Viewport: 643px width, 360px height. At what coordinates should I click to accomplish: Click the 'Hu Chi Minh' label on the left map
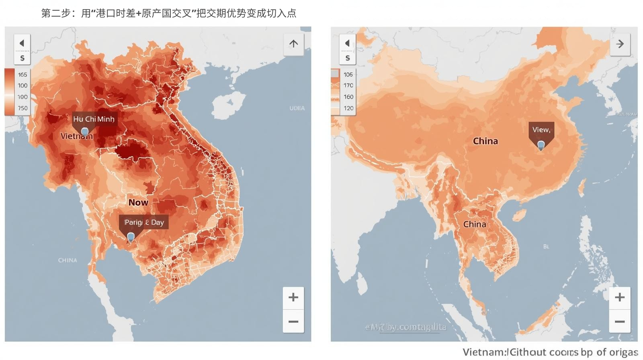click(x=94, y=119)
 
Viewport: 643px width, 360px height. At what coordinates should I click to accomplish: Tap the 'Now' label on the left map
click(x=138, y=202)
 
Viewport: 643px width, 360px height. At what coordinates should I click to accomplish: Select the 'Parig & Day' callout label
click(x=144, y=222)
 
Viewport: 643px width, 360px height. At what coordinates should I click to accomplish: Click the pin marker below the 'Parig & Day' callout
click(x=131, y=237)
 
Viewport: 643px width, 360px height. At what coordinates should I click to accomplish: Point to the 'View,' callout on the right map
click(x=541, y=130)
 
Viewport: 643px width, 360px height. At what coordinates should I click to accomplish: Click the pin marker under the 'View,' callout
click(x=541, y=145)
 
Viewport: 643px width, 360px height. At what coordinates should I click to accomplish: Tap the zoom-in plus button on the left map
click(x=293, y=297)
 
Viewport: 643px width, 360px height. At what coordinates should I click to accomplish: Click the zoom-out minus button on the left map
click(x=293, y=321)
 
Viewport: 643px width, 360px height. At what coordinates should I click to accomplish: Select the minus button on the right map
click(x=619, y=321)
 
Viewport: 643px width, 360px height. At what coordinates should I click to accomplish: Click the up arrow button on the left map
click(x=293, y=44)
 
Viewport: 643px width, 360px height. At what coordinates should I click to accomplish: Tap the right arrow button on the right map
click(x=620, y=44)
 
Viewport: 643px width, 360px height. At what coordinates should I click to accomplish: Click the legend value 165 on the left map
click(x=23, y=75)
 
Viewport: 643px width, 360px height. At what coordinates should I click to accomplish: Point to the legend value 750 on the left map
click(x=23, y=108)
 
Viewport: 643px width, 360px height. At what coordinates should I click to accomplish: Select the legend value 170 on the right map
click(x=348, y=86)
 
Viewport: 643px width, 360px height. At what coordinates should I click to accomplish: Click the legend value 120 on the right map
click(x=348, y=108)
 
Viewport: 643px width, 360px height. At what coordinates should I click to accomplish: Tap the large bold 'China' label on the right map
click(x=485, y=141)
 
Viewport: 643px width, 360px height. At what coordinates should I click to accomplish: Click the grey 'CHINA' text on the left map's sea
click(x=68, y=260)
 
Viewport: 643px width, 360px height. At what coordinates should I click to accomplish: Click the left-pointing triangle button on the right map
click(x=347, y=43)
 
